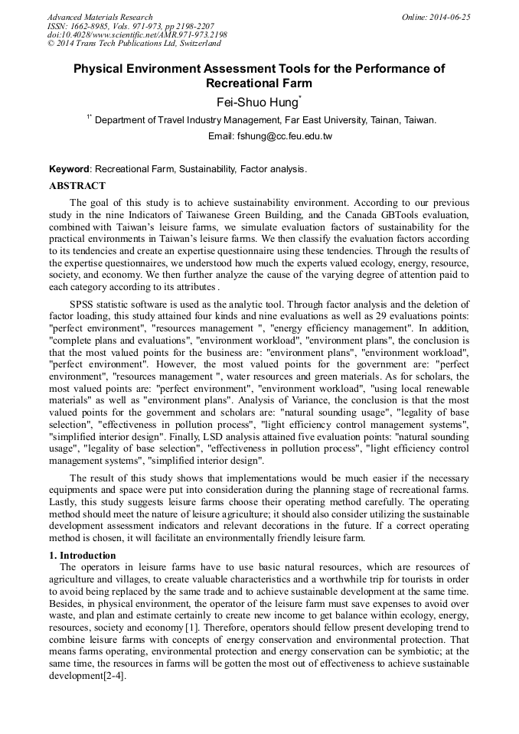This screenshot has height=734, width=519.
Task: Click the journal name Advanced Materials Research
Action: click(100, 17)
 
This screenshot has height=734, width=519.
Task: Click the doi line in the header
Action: click(137, 35)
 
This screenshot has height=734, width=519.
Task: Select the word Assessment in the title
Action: click(237, 69)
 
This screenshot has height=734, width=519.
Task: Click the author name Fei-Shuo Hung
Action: click(257, 101)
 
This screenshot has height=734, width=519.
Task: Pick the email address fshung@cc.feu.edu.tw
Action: click(284, 136)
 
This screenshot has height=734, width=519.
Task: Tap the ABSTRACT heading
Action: click(77, 186)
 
